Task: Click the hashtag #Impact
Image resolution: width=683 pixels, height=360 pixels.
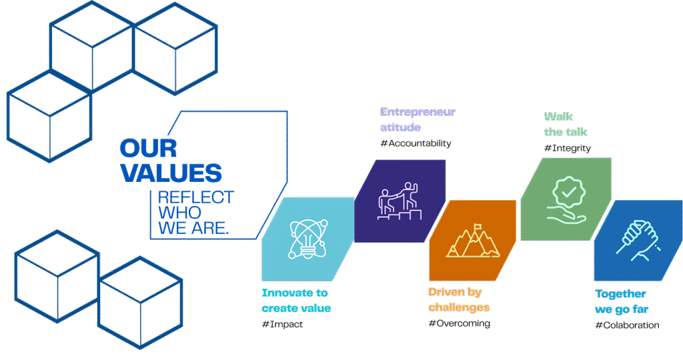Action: tap(282, 324)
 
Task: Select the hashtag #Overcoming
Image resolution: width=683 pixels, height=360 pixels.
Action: tap(460, 323)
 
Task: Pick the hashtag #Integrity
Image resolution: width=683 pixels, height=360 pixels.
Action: tap(568, 147)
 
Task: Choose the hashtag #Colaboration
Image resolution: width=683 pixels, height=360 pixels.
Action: tap(627, 325)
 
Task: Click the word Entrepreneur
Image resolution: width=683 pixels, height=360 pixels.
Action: tap(418, 112)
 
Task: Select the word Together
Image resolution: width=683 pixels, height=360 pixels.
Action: tap(620, 294)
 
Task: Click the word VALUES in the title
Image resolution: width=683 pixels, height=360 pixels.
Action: tap(171, 173)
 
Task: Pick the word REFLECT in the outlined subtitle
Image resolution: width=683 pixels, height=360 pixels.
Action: tap(195, 197)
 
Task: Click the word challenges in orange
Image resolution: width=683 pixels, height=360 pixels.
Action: tap(458, 307)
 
